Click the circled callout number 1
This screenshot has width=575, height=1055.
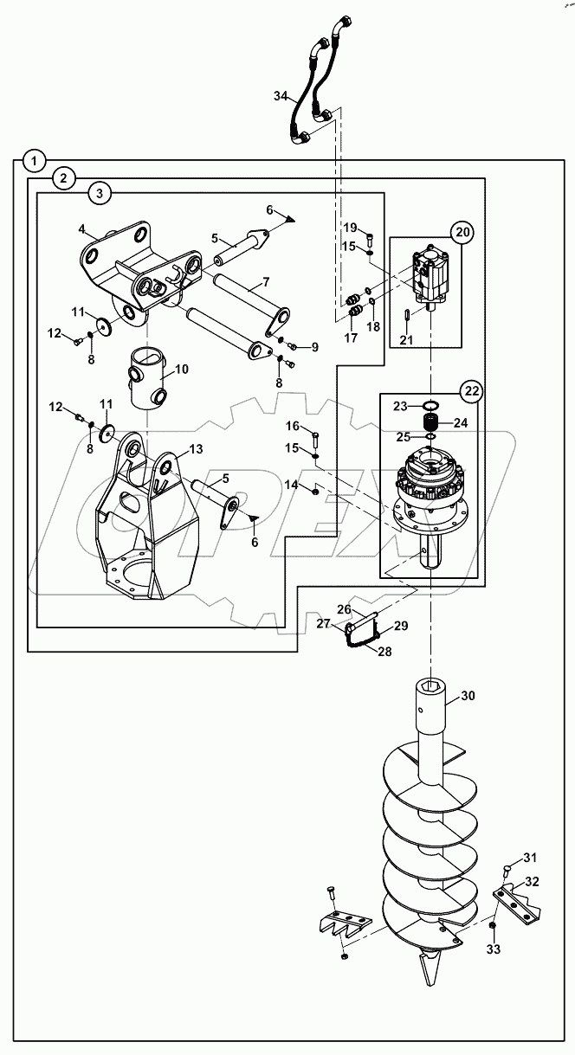(33, 160)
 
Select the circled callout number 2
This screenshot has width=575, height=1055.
(63, 178)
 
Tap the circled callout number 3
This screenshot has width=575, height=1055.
(100, 195)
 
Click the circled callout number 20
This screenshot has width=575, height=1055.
(461, 231)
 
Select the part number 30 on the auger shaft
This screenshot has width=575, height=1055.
(468, 695)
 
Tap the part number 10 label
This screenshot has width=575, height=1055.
(181, 370)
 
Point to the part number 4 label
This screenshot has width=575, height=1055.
(81, 229)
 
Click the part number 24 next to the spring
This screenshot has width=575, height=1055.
(459, 423)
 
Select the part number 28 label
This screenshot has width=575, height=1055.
(383, 650)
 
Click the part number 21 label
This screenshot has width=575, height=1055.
(405, 340)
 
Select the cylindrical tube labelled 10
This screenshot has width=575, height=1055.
(146, 377)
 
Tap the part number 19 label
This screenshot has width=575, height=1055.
(350, 227)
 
